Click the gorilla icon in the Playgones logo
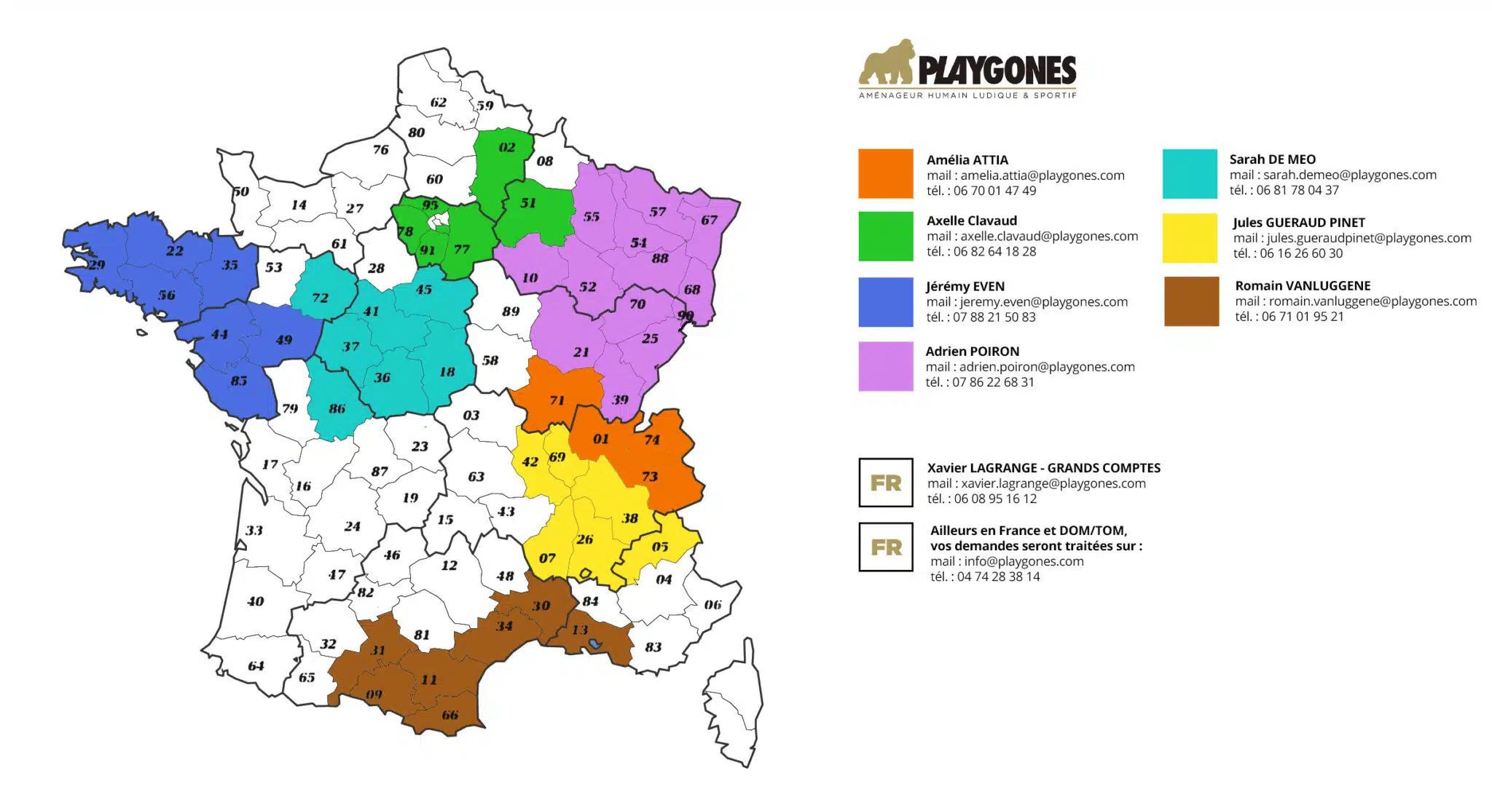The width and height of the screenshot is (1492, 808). (x=887, y=64)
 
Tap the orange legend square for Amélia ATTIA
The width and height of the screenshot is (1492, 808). (x=885, y=174)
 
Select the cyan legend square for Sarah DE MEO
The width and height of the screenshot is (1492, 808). (x=1190, y=174)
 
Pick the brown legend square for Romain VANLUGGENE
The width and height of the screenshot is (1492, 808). (x=1191, y=301)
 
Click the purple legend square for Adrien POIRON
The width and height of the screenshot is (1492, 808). (x=885, y=367)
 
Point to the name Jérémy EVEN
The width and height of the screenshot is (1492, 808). (x=965, y=286)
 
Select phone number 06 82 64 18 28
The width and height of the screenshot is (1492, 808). (x=994, y=252)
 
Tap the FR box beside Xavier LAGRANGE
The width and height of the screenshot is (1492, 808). (x=885, y=483)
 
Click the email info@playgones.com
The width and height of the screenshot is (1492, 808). (x=1007, y=561)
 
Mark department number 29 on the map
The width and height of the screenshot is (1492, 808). (x=97, y=265)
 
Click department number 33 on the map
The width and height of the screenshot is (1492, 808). (x=254, y=531)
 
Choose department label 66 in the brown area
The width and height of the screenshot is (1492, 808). (x=450, y=715)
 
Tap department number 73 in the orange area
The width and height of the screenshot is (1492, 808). (x=650, y=477)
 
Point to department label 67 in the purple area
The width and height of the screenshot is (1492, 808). (x=709, y=220)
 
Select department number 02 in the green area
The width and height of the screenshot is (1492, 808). (x=507, y=148)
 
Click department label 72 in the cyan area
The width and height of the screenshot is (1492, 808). (x=321, y=298)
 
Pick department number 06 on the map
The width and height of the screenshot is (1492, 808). (x=712, y=605)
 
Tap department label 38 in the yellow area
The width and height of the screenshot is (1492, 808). (x=630, y=518)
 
